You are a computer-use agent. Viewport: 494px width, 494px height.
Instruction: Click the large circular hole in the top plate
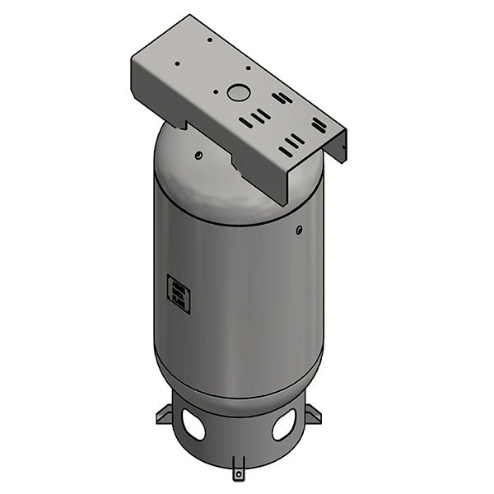[x=238, y=93]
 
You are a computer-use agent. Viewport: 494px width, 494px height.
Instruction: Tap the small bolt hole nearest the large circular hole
[x=217, y=93]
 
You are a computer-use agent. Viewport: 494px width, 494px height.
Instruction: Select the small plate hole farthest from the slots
[x=210, y=39]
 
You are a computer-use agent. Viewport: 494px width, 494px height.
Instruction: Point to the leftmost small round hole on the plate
[x=176, y=63]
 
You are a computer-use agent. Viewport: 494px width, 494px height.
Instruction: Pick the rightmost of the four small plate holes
[x=245, y=70]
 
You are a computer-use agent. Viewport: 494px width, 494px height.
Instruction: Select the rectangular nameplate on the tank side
[x=179, y=294]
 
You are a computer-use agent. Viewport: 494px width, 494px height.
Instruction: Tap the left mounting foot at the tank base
[x=163, y=414]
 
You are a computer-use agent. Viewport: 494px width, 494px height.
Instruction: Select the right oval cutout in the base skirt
[x=283, y=426]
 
